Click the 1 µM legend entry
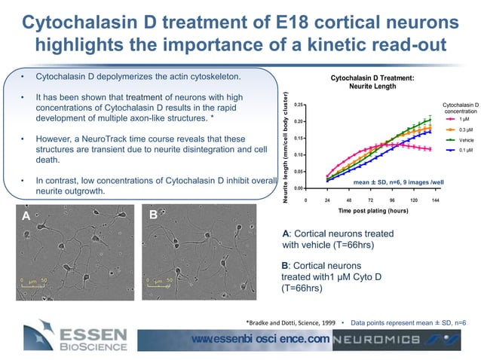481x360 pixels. (458, 119)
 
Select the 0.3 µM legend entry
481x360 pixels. (458, 130)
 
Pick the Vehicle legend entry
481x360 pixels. (458, 140)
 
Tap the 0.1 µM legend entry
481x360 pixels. (458, 151)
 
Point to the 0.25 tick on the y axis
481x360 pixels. (299, 105)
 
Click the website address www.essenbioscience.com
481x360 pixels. (261, 339)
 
